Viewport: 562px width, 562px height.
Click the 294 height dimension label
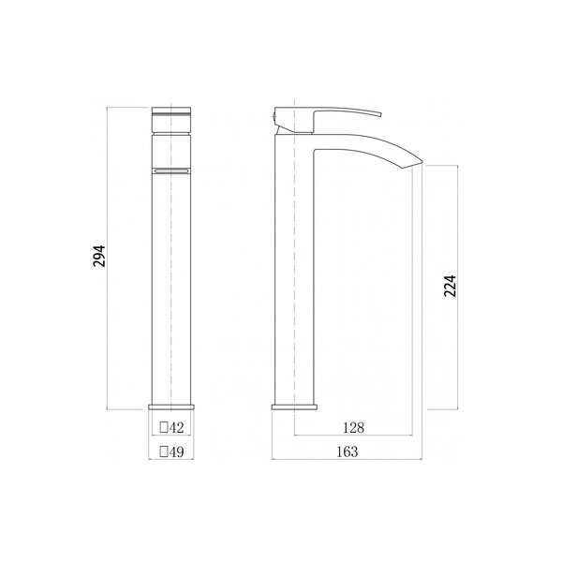(99, 256)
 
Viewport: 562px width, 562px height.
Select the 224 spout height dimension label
(451, 286)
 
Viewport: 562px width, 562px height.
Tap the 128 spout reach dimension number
(353, 428)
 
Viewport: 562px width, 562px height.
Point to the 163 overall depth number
(348, 451)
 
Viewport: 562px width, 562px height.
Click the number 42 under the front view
(176, 427)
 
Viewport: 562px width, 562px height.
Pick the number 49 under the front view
(176, 452)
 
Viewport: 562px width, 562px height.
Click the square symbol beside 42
(164, 427)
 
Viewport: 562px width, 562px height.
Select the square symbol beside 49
(164, 451)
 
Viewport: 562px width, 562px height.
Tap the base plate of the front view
(171, 407)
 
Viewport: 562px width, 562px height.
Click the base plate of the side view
(295, 407)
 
